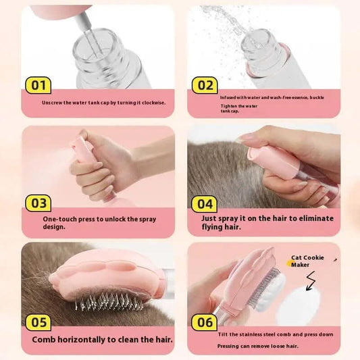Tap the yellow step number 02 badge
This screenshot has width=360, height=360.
click(x=205, y=85)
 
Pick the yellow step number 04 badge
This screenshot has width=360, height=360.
click(x=205, y=203)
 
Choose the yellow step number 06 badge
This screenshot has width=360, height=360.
click(x=205, y=322)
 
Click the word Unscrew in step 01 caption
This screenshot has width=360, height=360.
click(x=52, y=103)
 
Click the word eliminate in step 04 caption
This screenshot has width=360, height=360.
click(x=316, y=219)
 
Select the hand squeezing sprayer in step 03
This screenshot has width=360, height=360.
click(x=101, y=169)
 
